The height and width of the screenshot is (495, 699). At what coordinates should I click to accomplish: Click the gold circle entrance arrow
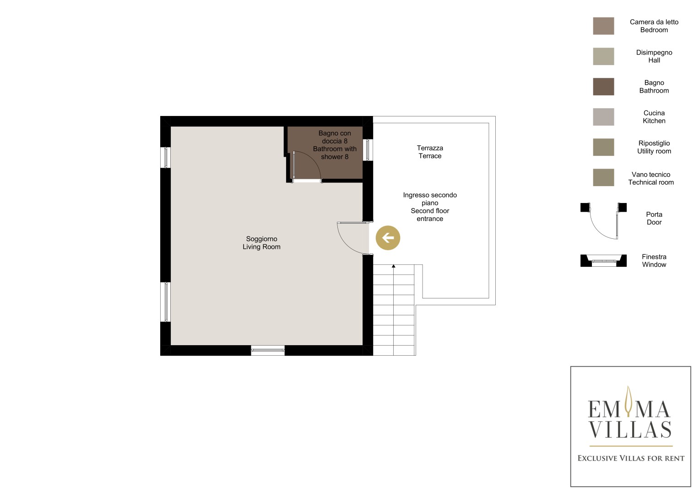point(388,238)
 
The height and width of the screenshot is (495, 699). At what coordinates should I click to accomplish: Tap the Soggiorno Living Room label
point(261,243)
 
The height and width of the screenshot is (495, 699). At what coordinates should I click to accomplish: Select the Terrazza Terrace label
point(430,152)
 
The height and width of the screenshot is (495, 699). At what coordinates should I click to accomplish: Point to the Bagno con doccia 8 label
point(335,137)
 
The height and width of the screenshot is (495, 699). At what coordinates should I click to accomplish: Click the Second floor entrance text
point(430,214)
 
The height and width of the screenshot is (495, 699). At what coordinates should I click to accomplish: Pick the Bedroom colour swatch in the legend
point(603,26)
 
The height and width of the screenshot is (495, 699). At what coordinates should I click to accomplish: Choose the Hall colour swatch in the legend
point(603,56)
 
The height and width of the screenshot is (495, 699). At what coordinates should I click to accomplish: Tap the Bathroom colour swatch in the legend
point(603,87)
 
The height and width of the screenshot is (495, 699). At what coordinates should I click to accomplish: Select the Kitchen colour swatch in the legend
point(603,117)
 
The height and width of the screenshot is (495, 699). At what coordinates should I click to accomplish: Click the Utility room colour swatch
point(603,147)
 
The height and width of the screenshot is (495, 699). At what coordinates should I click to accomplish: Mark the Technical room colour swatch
point(603,177)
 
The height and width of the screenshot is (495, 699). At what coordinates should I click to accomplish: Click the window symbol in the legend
point(603,261)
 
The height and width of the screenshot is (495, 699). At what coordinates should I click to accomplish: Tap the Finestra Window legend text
point(654,261)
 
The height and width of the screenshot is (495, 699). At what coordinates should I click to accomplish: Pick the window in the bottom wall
point(268,350)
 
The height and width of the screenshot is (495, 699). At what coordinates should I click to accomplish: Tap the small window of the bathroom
point(368,150)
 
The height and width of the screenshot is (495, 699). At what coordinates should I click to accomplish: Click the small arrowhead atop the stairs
point(394,266)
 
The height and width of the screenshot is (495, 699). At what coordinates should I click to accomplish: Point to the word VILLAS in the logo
point(630,429)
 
